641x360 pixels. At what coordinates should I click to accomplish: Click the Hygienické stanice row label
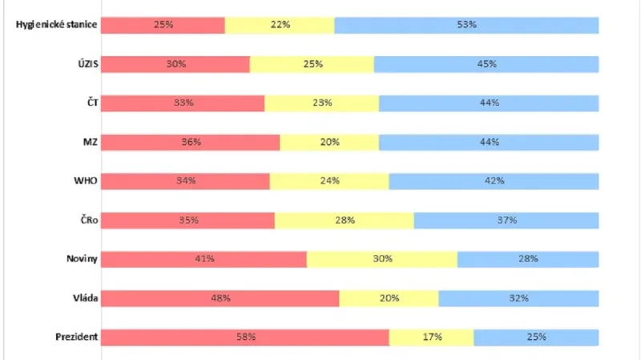[x=57, y=25]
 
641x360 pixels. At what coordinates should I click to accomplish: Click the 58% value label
[x=246, y=337]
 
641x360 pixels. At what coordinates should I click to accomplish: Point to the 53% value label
[x=467, y=25]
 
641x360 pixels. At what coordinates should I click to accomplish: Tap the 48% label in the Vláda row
[x=221, y=298]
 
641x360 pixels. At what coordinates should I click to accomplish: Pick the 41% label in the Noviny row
[x=205, y=259]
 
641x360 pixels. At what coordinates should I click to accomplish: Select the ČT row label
[x=89, y=103]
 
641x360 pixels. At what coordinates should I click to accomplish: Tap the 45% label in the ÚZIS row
[x=486, y=64]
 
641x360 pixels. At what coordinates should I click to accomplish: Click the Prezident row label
[x=77, y=337]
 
